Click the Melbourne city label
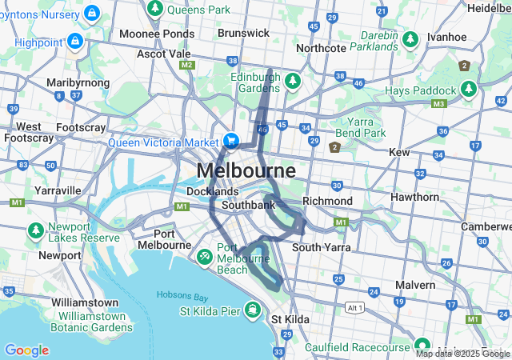pyautogui.click(x=246, y=171)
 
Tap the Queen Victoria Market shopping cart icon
pyautogui.click(x=231, y=140)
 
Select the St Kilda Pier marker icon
pyautogui.click(x=252, y=310)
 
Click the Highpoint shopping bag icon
pyautogui.click(x=75, y=39)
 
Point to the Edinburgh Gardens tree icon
pyautogui.click(x=293, y=82)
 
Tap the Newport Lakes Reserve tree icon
pyautogui.click(x=36, y=231)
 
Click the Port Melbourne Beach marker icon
pyautogui.click(x=205, y=257)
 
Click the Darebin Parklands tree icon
pyautogui.click(x=410, y=39)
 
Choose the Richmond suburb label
pyautogui.click(x=327, y=201)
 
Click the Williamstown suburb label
pyautogui.click(x=84, y=303)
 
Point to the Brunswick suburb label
pyautogui.click(x=244, y=33)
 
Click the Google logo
pyautogui.click(x=26, y=350)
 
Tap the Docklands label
pyautogui.click(x=212, y=192)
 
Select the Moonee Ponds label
pyautogui.click(x=156, y=34)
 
